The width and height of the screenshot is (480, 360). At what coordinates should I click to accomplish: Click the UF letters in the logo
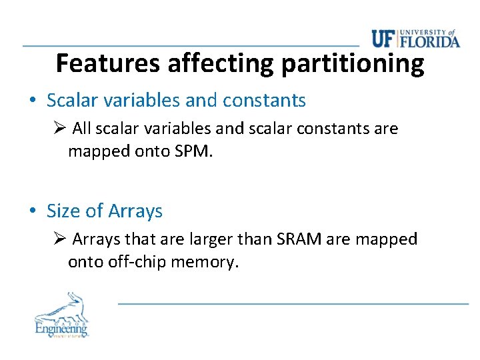coord(384,39)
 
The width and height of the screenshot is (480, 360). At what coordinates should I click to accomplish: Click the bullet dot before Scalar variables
coord(32,101)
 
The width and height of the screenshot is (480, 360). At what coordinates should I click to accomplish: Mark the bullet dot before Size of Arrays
coord(32,211)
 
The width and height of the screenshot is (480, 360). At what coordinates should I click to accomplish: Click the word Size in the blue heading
coord(63,211)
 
